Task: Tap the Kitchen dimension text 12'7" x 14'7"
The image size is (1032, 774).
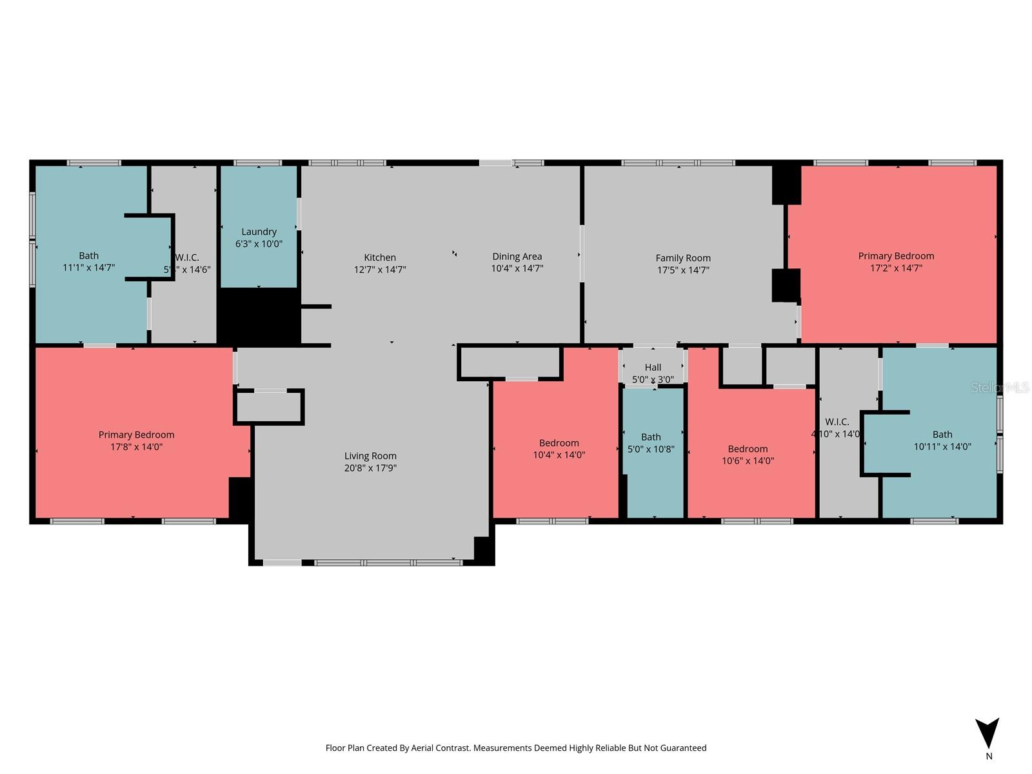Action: coord(380,270)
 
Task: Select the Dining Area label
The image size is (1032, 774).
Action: coord(517,257)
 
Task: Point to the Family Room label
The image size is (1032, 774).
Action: coord(683,258)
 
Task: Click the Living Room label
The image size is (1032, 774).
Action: coord(370,456)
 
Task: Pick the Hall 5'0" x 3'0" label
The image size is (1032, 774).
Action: coord(653,373)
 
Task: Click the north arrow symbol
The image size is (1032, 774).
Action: coord(987,733)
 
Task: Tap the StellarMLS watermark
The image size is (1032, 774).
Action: coord(999,387)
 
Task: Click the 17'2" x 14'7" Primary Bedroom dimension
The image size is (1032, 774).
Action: coord(896,268)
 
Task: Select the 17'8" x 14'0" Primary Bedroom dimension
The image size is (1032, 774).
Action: coord(136,446)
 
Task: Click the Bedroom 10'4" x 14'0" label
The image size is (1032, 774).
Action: coord(559,449)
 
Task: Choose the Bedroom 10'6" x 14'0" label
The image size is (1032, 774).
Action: coord(748,455)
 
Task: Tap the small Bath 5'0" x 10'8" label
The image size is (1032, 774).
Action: coord(651,443)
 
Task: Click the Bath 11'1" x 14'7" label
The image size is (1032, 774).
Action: coord(88,261)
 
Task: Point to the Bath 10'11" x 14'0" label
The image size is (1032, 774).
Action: coord(942,441)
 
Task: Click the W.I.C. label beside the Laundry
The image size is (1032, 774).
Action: coord(186,258)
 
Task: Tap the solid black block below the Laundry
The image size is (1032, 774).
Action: coord(258,316)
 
